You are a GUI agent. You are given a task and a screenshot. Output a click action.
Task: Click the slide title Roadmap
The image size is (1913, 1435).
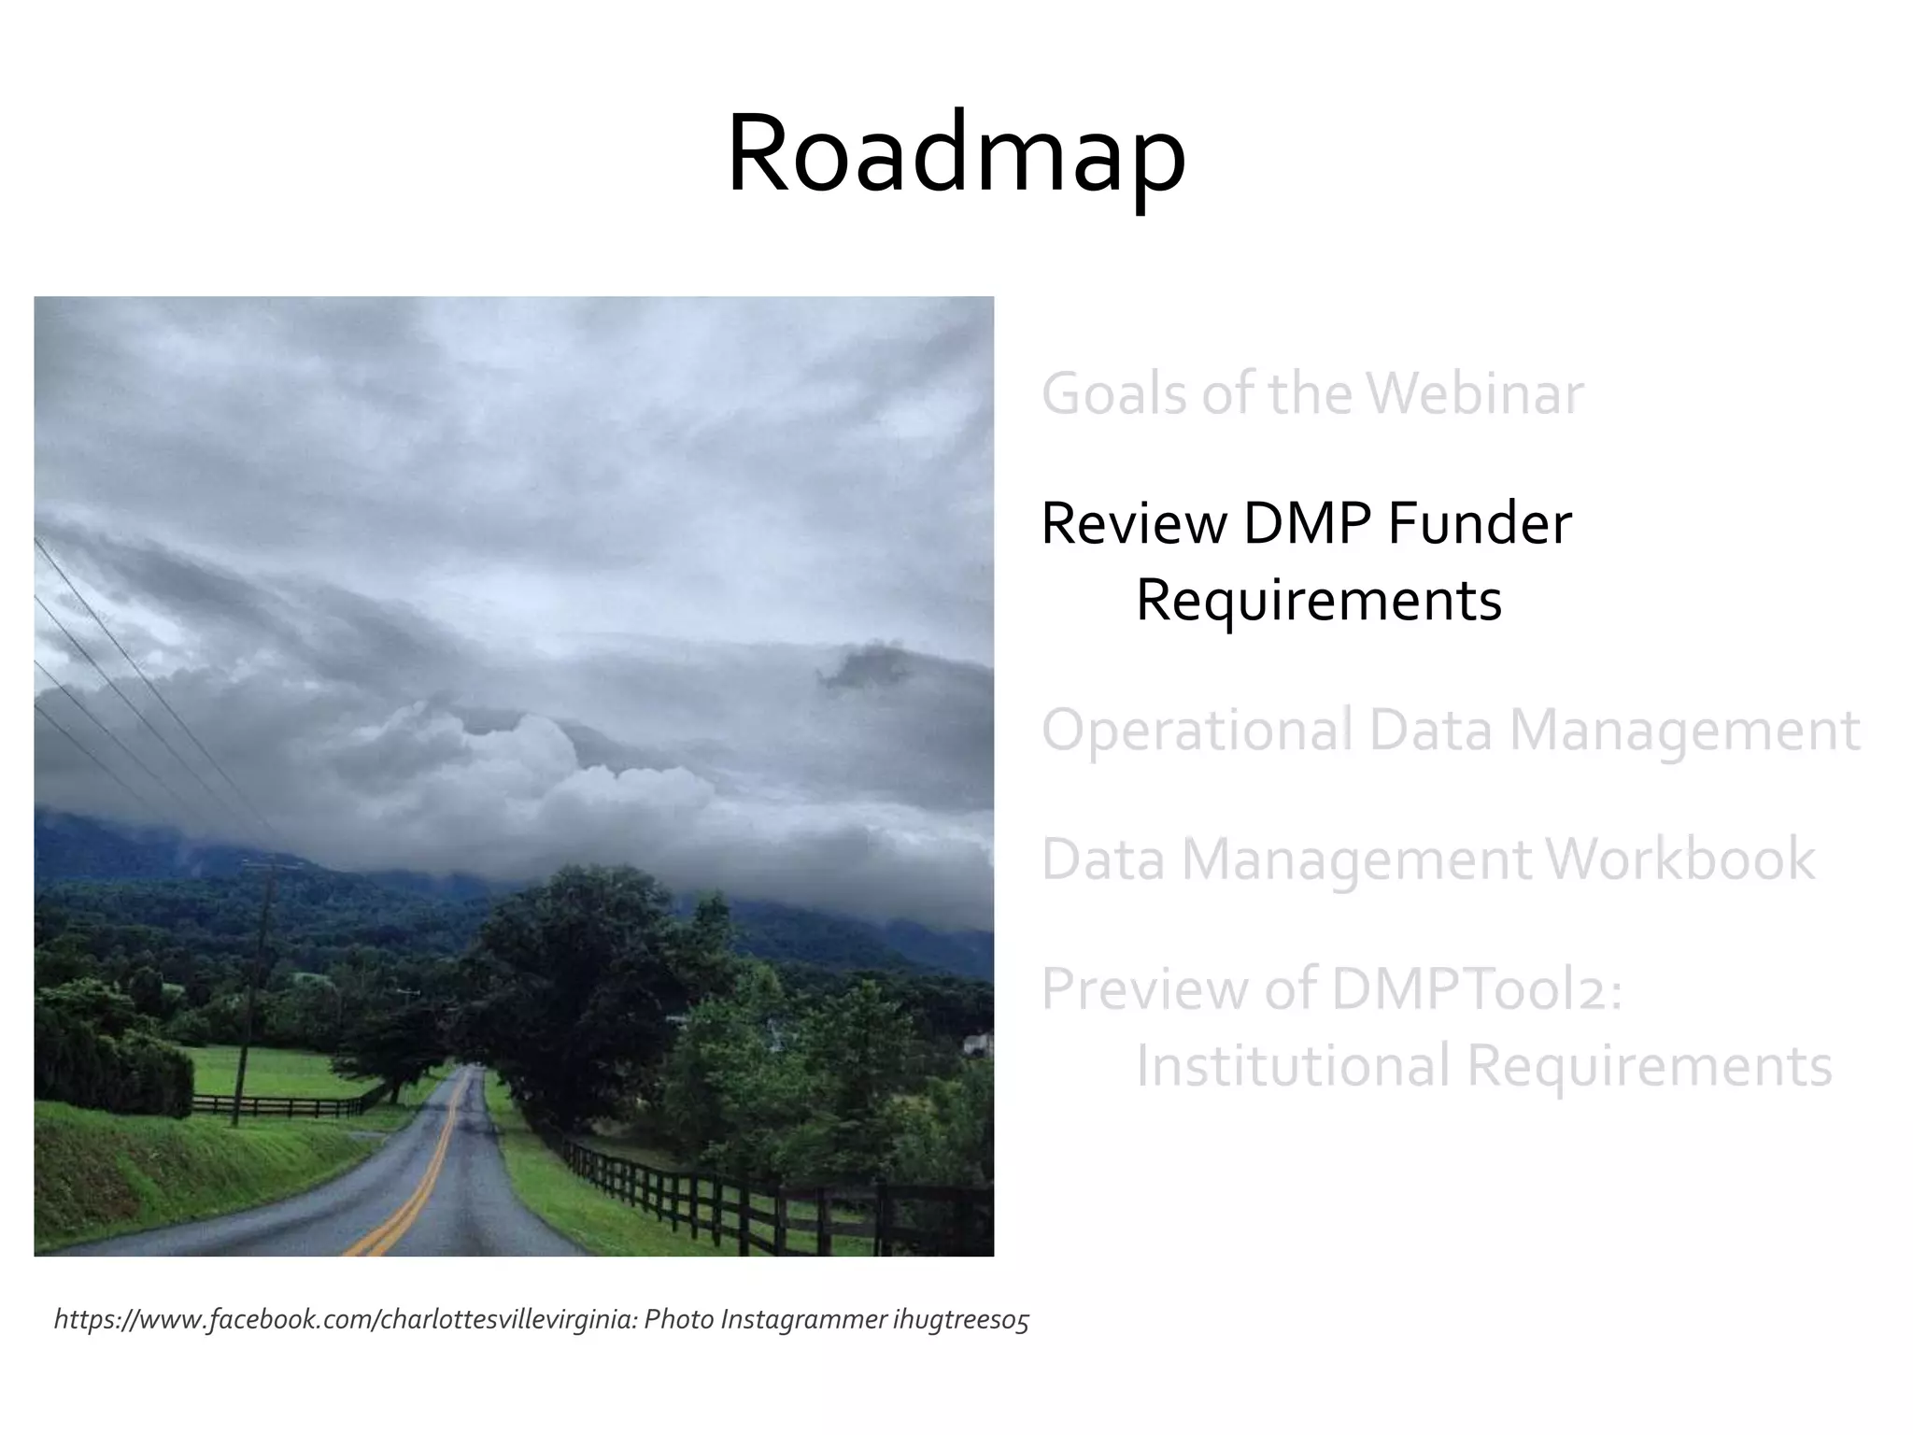pos(956,154)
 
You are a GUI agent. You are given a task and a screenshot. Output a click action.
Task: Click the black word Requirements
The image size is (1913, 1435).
pos(1318,600)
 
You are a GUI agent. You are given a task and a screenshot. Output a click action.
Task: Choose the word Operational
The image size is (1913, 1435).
pos(1197,730)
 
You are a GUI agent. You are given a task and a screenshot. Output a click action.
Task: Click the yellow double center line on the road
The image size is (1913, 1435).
pos(420,1186)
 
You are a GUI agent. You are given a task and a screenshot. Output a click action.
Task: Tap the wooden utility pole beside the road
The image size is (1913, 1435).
pos(253,990)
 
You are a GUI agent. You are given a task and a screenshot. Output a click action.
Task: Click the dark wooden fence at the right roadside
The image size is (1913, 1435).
pos(747,1205)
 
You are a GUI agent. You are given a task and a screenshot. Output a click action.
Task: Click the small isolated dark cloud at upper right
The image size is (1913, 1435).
pos(864,665)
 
